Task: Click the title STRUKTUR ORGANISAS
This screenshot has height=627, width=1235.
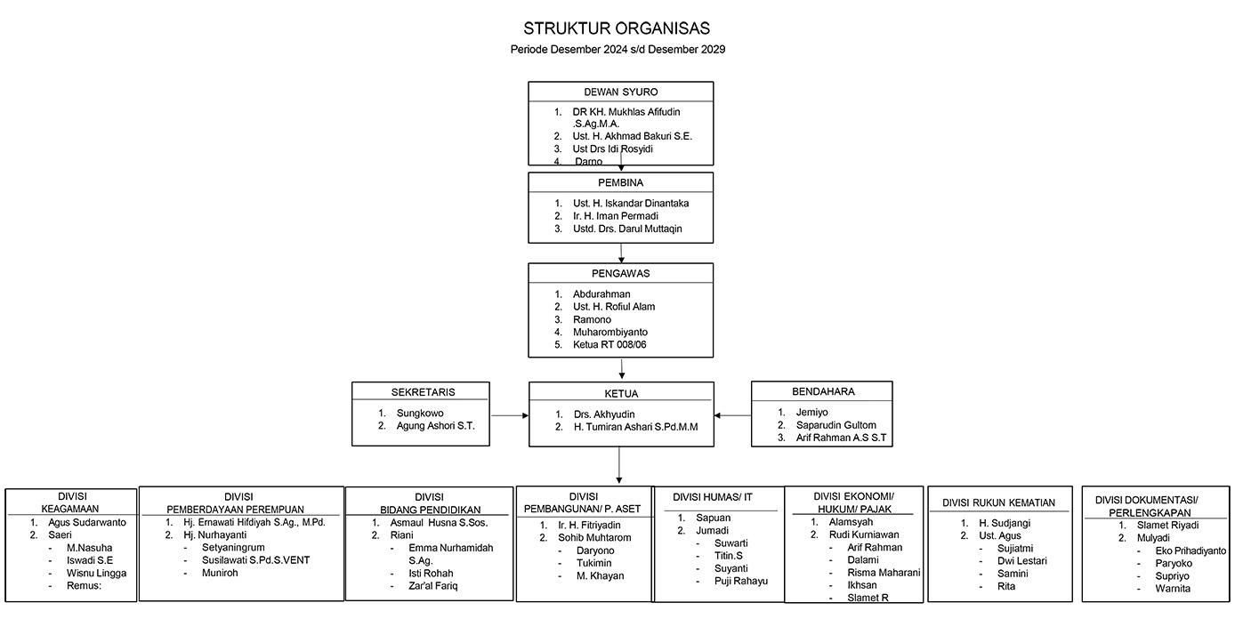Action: [617, 28]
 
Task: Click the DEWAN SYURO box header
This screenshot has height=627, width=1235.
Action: [620, 92]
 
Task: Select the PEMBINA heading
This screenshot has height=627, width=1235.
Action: [620, 182]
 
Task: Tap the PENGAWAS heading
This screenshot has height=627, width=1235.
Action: [620, 273]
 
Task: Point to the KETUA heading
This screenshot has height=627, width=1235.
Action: [620, 393]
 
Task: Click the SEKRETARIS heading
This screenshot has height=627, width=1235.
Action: [421, 391]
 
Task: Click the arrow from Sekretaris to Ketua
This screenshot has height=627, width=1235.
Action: [509, 415]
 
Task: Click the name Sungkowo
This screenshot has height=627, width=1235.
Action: [420, 413]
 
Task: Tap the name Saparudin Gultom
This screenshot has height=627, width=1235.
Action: [835, 425]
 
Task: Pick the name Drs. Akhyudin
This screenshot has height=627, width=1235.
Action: [604, 414]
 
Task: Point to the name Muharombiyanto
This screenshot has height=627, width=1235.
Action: [609, 332]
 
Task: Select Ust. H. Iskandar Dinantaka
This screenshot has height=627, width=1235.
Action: [630, 204]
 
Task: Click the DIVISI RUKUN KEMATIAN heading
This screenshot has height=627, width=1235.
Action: [998, 503]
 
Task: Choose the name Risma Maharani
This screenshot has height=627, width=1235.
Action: [871, 573]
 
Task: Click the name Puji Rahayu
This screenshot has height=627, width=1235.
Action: [740, 581]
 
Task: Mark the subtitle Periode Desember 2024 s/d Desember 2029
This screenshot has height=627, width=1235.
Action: [617, 50]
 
